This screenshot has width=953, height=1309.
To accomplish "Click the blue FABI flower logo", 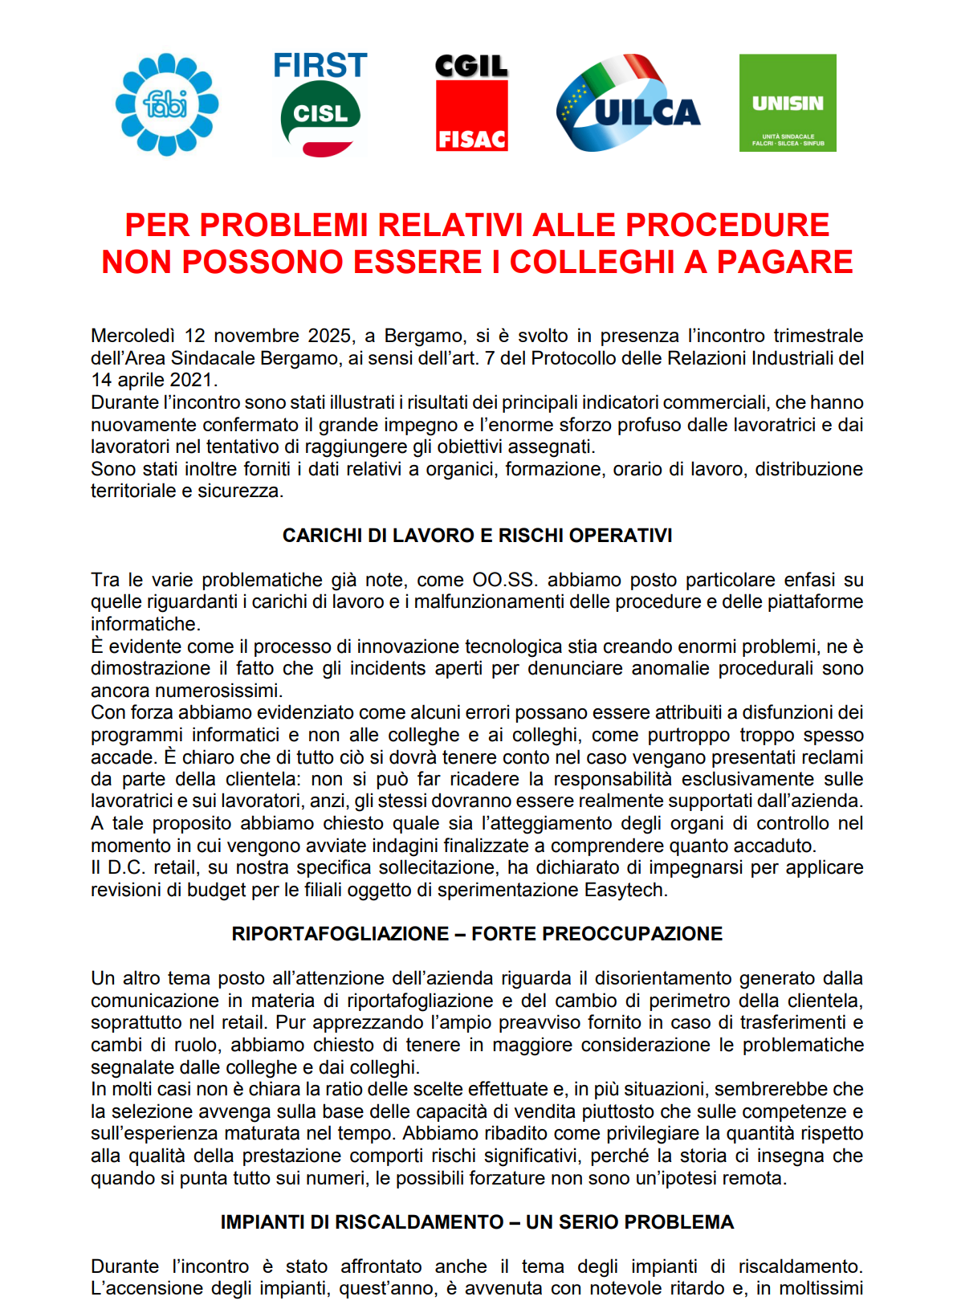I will pyautogui.click(x=167, y=104).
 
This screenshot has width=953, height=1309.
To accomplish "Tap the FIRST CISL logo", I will pyautogui.click(x=320, y=104).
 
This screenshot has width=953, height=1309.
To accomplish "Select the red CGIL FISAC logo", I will pyautogui.click(x=471, y=104).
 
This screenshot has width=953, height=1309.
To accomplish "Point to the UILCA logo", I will pyautogui.click(x=628, y=104).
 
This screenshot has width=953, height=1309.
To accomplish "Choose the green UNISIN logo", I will pyautogui.click(x=788, y=103).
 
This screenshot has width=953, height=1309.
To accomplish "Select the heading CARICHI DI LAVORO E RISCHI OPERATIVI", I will pyautogui.click(x=477, y=536).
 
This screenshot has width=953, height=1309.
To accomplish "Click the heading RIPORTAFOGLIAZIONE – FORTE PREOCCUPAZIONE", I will pyautogui.click(x=477, y=934).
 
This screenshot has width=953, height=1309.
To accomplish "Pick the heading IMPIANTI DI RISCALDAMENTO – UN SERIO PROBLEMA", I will pyautogui.click(x=477, y=1222).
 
